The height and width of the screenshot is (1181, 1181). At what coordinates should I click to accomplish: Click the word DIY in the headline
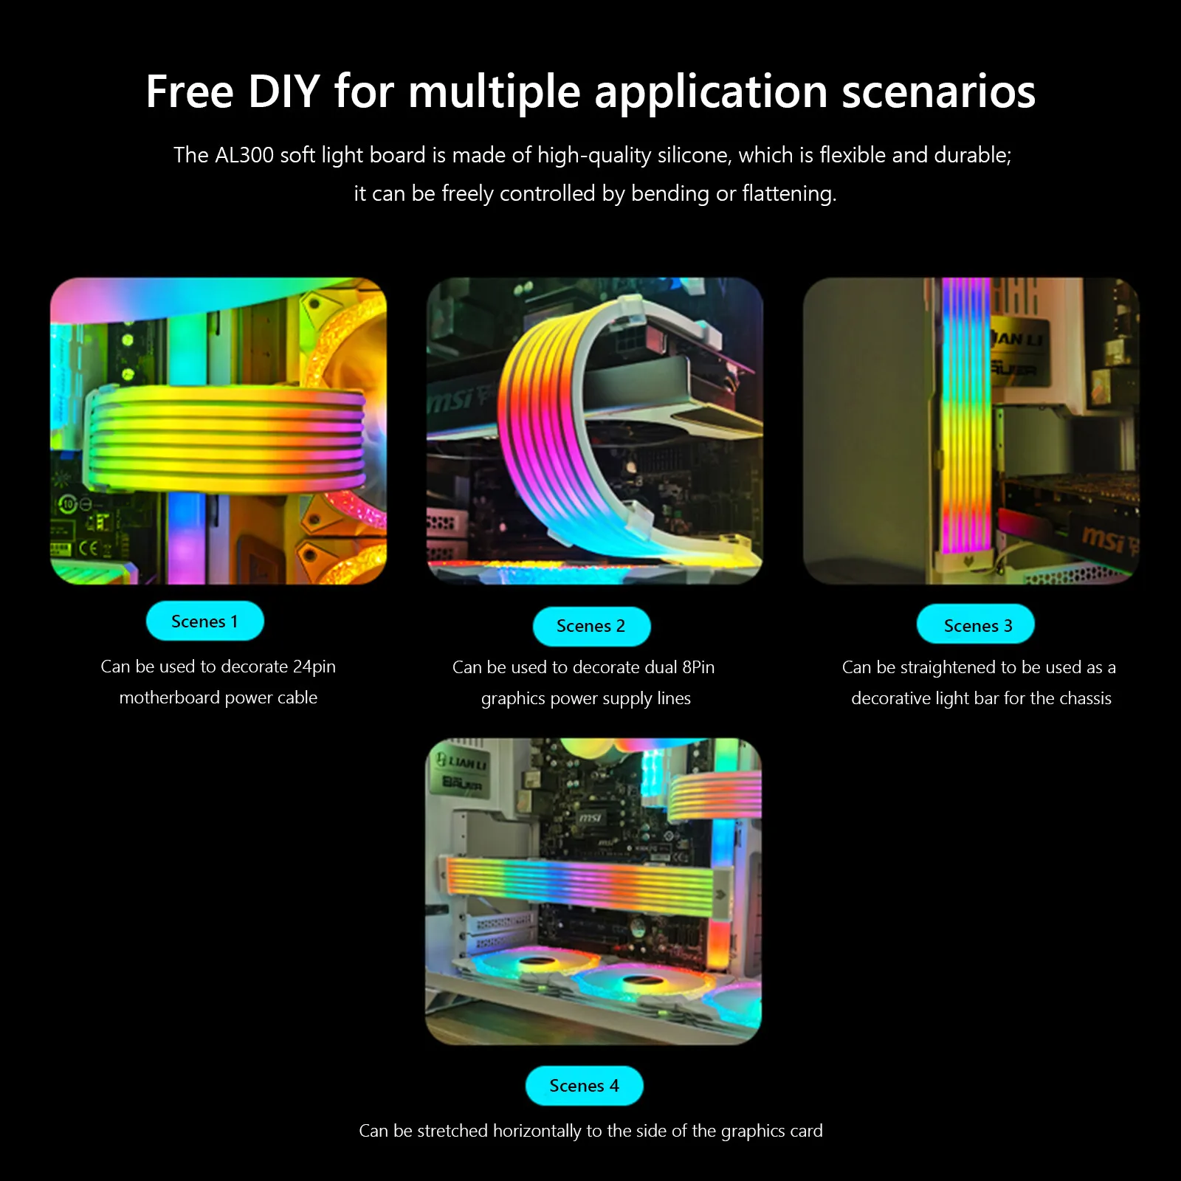(x=283, y=92)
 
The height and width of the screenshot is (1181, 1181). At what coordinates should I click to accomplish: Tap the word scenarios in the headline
(x=939, y=92)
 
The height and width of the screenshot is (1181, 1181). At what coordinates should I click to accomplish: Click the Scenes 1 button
(x=204, y=622)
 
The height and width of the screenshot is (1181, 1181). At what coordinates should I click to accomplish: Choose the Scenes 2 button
(x=591, y=626)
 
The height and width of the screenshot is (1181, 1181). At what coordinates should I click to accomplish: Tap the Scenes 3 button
(x=976, y=625)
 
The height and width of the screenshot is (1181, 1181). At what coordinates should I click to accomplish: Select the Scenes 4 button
(x=584, y=1086)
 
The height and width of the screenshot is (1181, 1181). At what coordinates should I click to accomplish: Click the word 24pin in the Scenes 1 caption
(x=314, y=667)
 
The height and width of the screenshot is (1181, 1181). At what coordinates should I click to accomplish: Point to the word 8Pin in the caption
(x=698, y=667)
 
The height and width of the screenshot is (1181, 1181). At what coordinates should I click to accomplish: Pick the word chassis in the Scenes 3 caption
(x=1084, y=698)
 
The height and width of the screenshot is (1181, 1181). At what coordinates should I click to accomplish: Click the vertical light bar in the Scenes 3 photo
(x=965, y=417)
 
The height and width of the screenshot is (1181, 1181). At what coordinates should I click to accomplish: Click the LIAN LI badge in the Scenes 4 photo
(x=461, y=761)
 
